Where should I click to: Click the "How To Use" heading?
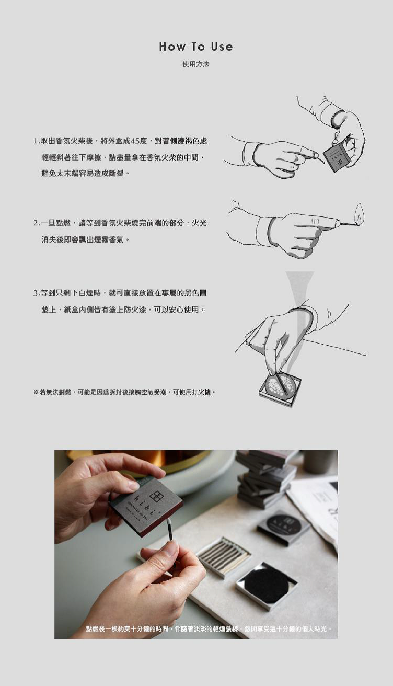196,47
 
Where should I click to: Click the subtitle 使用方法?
196,64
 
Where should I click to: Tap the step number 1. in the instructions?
37,141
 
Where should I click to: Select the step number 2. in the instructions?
37,223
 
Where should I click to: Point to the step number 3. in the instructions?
37,293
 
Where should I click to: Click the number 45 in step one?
135,141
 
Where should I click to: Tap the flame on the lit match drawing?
360,212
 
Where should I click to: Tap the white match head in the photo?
168,521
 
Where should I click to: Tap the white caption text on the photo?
209,627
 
